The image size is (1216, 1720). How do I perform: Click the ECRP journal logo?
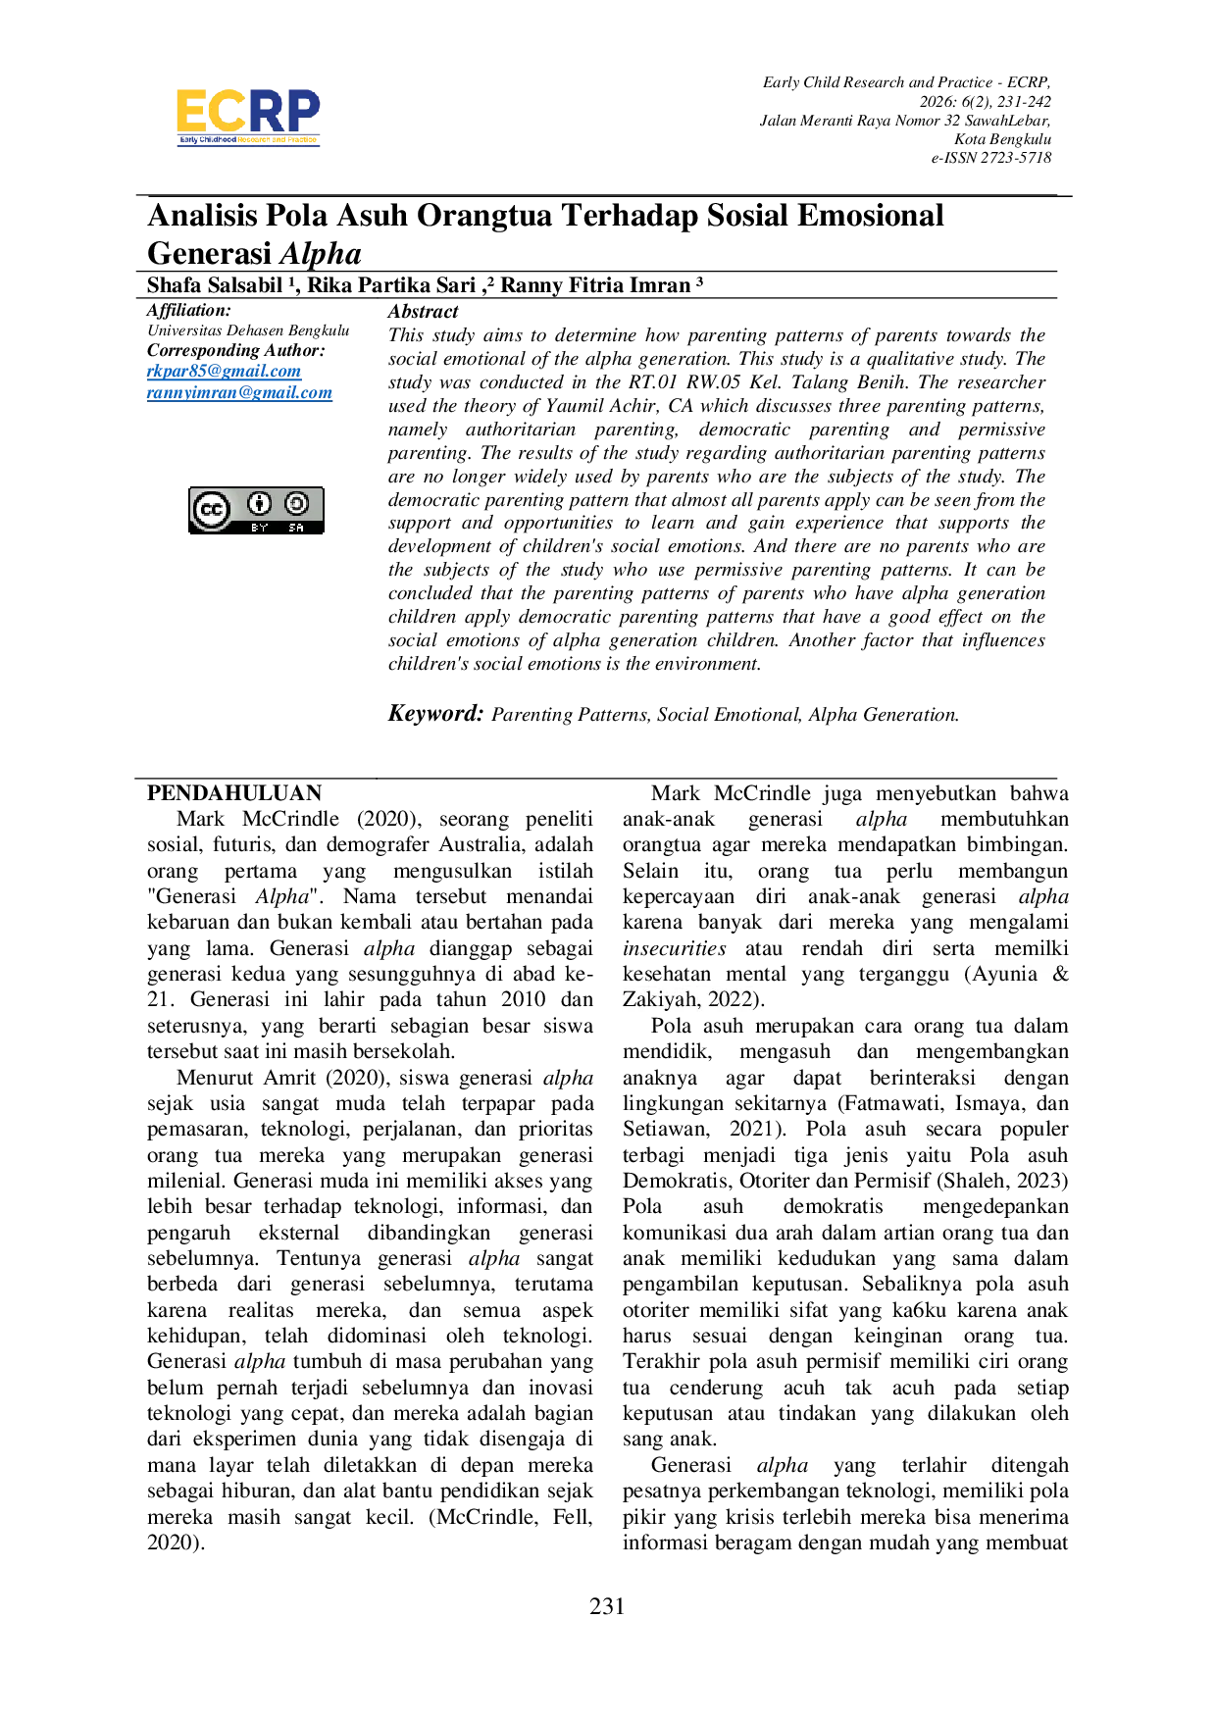(x=247, y=117)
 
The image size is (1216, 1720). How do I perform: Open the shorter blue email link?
(x=225, y=373)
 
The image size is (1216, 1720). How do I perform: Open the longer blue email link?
(x=239, y=394)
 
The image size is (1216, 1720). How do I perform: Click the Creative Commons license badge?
(x=256, y=511)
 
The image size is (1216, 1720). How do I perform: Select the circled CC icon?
(x=211, y=510)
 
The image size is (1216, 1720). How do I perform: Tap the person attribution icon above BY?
(x=259, y=504)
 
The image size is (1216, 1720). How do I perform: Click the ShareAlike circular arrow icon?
(x=296, y=504)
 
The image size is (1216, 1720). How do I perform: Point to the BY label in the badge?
(x=259, y=528)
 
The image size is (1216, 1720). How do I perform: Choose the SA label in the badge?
(x=296, y=528)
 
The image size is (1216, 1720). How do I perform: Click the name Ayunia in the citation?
(x=1004, y=974)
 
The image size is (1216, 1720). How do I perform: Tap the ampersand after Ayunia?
(x=1060, y=974)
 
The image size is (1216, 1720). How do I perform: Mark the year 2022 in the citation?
(x=731, y=999)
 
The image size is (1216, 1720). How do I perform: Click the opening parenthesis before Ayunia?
(x=968, y=974)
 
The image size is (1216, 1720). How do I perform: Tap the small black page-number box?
(x=608, y=1603)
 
